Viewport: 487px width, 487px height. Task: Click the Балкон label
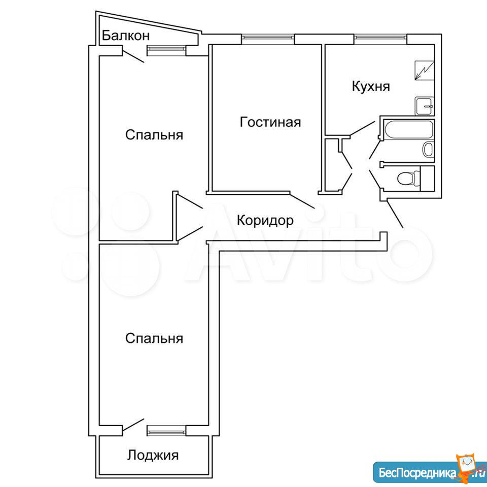[126, 36]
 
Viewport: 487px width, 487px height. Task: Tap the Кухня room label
[371, 86]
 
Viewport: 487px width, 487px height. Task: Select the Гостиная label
[270, 122]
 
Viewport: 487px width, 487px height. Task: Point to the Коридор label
[265, 221]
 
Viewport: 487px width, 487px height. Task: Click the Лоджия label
[153, 456]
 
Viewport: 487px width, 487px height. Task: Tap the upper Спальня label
[154, 135]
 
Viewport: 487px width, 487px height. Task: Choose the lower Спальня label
[154, 338]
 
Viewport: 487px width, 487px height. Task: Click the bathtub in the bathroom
[408, 130]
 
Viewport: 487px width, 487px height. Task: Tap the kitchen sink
[424, 106]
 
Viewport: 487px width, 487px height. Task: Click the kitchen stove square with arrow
[425, 71]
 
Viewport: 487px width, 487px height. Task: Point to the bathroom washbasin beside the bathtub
[428, 149]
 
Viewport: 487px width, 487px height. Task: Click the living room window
[268, 38]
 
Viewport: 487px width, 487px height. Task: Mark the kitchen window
[380, 38]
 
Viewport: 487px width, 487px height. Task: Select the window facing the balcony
[166, 49]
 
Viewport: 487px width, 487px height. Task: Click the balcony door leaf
[133, 56]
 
